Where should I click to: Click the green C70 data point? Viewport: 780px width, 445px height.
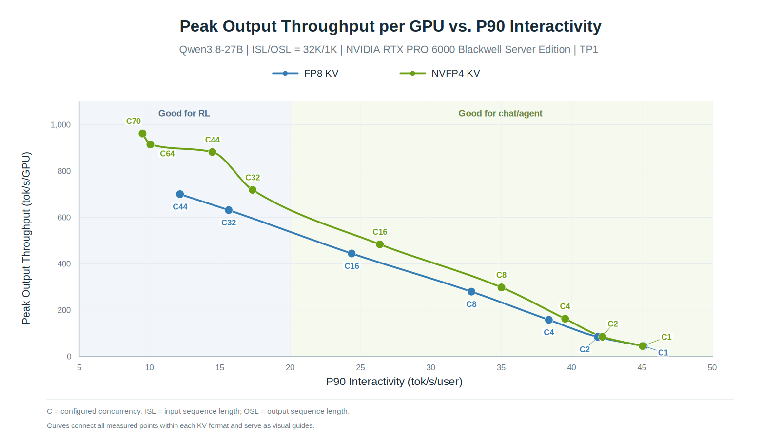[142, 134]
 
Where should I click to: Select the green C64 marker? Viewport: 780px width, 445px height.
[150, 144]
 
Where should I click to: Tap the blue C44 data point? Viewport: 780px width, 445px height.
[180, 195]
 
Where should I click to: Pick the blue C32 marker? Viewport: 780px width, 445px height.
[229, 210]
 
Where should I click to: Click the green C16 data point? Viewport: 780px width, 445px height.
[380, 244]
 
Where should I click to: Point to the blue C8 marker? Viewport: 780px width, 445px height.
[471, 292]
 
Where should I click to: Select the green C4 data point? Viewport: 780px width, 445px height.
[565, 319]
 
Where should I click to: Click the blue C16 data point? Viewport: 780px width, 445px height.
[351, 254]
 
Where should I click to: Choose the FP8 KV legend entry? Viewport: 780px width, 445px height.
[305, 74]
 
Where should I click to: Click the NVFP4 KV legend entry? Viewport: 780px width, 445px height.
[440, 74]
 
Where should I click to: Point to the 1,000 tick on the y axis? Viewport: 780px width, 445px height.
[60, 125]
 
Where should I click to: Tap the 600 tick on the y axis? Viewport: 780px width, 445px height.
[64, 218]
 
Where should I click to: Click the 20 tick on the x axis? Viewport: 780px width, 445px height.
[290, 367]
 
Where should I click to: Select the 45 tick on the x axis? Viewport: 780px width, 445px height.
[642, 367]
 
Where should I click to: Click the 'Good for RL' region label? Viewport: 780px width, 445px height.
[184, 113]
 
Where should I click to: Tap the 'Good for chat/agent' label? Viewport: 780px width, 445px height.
[500, 113]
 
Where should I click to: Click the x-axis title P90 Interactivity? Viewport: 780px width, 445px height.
[394, 382]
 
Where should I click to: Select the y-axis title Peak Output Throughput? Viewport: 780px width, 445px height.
[26, 238]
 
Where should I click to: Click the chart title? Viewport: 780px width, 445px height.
[390, 26]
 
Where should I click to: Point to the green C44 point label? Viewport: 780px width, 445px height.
[213, 140]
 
